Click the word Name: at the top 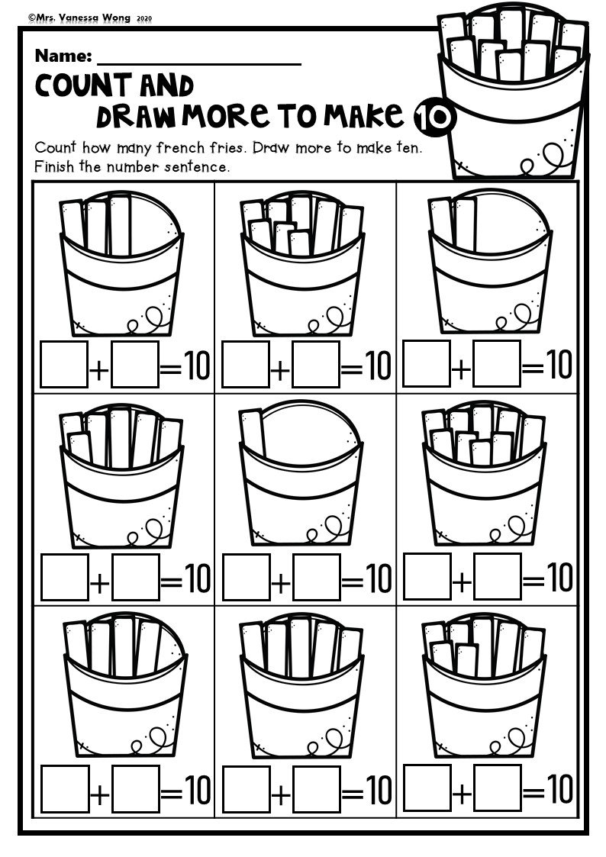(63, 56)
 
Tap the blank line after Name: (199, 60)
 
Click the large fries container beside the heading (513, 92)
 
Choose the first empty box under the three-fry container (64, 365)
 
